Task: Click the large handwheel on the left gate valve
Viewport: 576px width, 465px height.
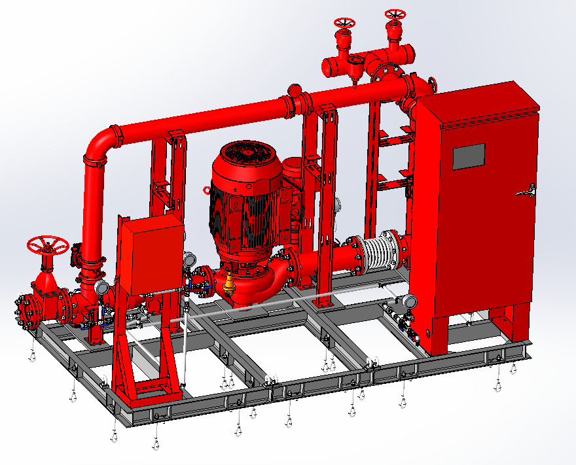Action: (48, 246)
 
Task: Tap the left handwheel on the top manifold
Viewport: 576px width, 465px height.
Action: (344, 23)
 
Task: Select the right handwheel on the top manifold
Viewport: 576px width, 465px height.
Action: (395, 14)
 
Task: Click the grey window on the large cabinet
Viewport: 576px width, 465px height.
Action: (469, 157)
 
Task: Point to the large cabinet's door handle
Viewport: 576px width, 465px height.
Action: (526, 191)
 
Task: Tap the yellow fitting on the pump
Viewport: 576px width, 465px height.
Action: (229, 284)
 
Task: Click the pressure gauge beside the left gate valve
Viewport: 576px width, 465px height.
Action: (101, 287)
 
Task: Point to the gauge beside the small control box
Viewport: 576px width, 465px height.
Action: (190, 260)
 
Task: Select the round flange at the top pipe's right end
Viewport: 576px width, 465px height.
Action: (432, 85)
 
